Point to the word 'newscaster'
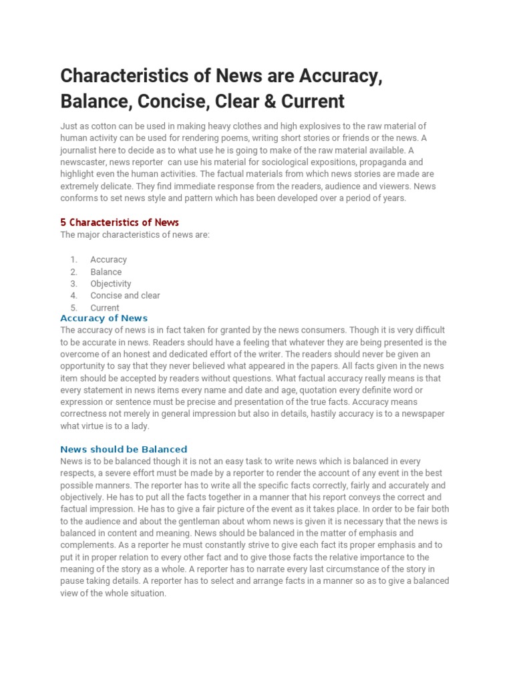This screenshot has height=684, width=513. pyautogui.click(x=84, y=162)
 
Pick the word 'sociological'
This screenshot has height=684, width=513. pyautogui.click(x=269, y=162)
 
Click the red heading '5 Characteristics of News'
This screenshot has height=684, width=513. pyautogui.click(x=120, y=222)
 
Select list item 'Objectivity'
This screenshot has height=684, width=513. pyautogui.click(x=111, y=283)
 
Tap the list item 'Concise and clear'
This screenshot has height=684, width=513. pyautogui.click(x=125, y=295)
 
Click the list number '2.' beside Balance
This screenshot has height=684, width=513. pyautogui.click(x=74, y=272)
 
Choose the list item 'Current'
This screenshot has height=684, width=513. pyautogui.click(x=105, y=308)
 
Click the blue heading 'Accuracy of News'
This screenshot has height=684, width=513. pyautogui.click(x=104, y=318)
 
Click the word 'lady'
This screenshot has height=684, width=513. pyautogui.click(x=138, y=426)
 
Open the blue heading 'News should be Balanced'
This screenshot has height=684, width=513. pyautogui.click(x=124, y=450)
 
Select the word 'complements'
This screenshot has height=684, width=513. pyautogui.click(x=85, y=545)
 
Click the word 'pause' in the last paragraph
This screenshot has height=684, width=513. pyautogui.click(x=73, y=581)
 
